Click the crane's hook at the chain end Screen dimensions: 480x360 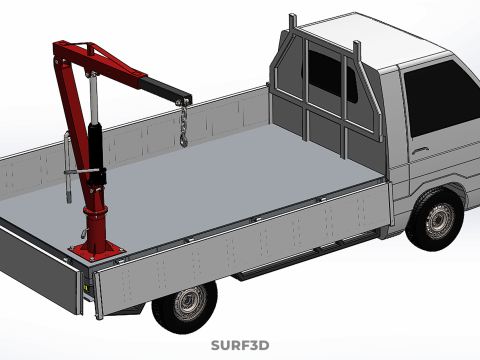(x=184, y=139)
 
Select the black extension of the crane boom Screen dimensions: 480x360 (x=165, y=89)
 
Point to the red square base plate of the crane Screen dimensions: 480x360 (x=97, y=252)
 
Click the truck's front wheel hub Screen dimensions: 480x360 (x=440, y=220)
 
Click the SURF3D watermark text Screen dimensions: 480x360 (x=240, y=345)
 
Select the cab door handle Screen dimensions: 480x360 (x=420, y=150)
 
